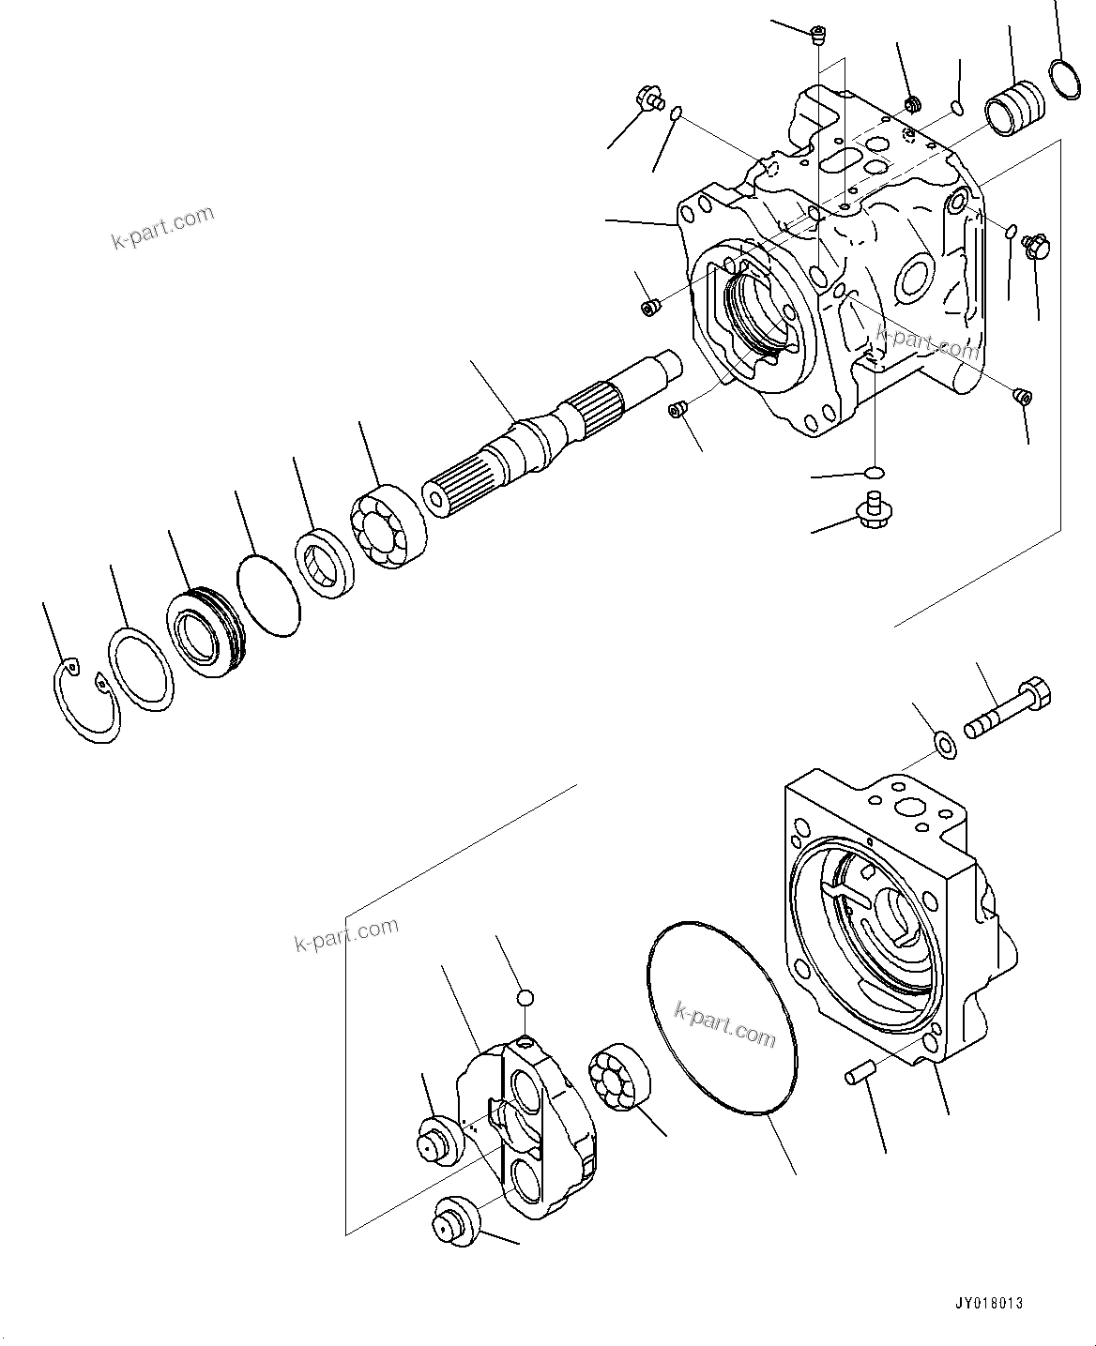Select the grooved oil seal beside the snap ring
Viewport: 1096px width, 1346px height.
tap(205, 632)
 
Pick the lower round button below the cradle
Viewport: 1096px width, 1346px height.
tap(456, 1221)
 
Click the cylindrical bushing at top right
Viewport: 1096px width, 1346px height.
tap(1015, 105)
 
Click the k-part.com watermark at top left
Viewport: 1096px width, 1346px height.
tap(162, 228)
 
